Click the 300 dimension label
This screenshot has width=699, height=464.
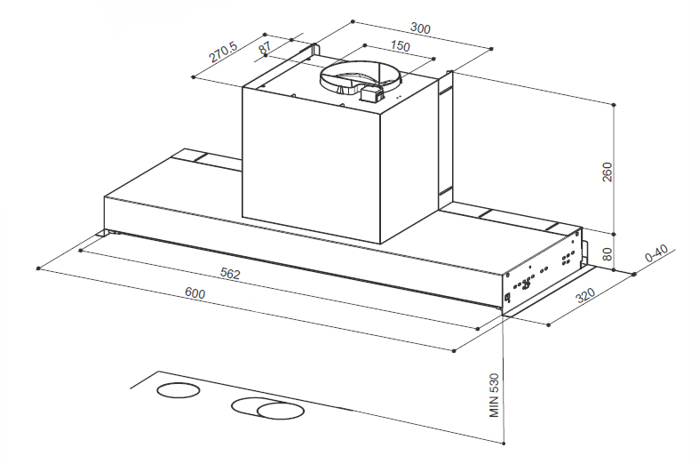tap(420, 28)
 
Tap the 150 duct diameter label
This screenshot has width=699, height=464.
tap(400, 46)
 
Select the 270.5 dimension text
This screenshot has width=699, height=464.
tap(223, 52)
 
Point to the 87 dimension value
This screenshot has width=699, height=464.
tap(265, 46)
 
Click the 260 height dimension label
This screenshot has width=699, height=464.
tap(608, 172)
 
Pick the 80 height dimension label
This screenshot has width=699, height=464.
tap(608, 254)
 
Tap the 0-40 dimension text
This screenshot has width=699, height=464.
tap(656, 254)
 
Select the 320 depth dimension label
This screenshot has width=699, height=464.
tap(586, 295)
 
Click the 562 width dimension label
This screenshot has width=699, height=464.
tap(230, 274)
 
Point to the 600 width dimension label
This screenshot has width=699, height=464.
tap(195, 293)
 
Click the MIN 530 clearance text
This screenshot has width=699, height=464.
tap(494, 396)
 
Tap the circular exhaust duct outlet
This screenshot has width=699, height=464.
tap(361, 76)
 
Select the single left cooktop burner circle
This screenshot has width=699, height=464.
tap(179, 390)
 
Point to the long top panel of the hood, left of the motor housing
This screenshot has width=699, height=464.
tap(174, 183)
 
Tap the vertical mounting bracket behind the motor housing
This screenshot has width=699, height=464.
tap(445, 140)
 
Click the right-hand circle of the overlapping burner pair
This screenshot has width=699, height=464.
tap(281, 411)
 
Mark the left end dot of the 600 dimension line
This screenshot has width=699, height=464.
tap(38, 268)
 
